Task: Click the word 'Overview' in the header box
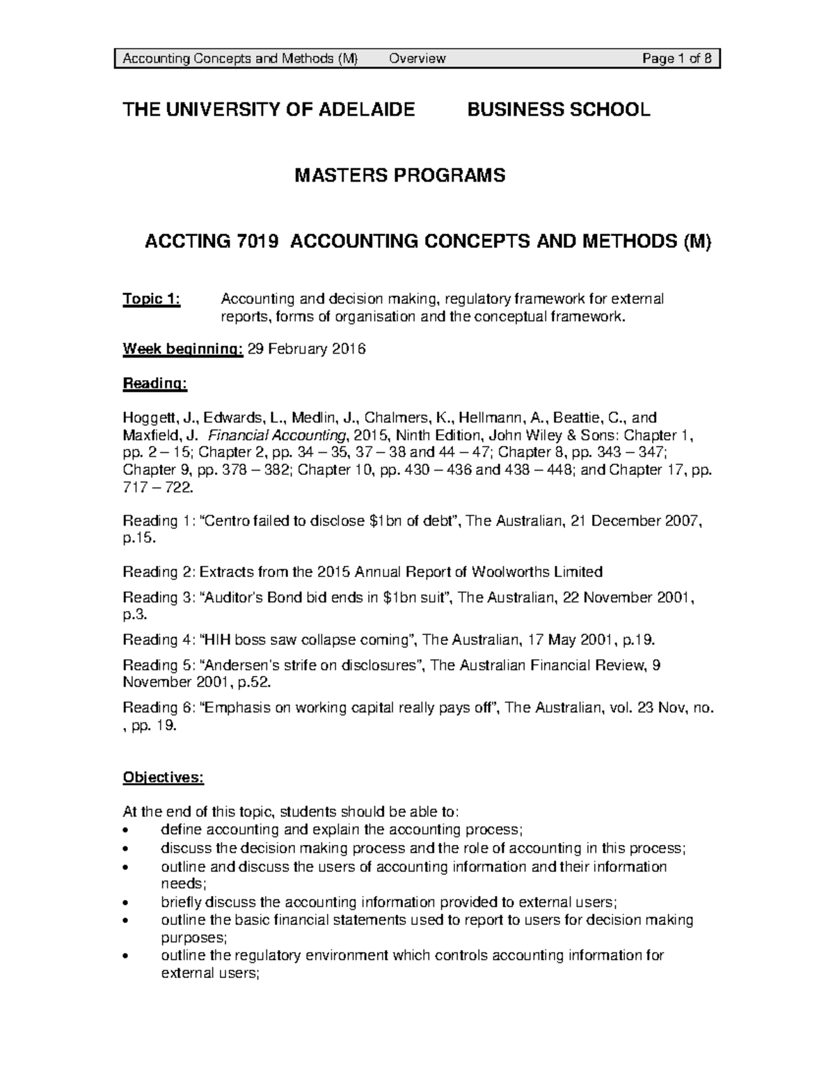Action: coord(417,58)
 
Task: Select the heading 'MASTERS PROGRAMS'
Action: coord(400,175)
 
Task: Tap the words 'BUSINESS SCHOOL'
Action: coord(559,109)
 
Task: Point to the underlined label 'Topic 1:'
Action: coord(151,299)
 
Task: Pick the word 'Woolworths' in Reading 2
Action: coord(510,572)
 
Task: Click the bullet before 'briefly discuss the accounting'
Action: coord(125,904)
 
